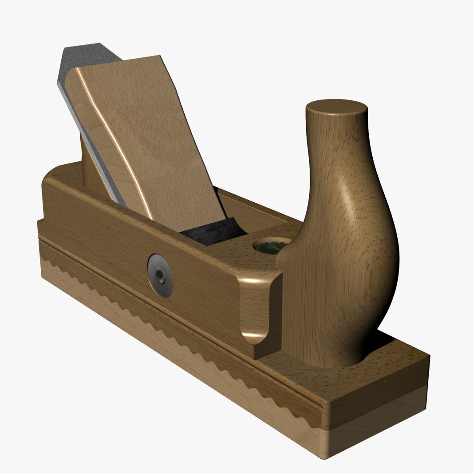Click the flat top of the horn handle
[336, 108]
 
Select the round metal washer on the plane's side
[160, 275]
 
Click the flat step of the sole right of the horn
[394, 355]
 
